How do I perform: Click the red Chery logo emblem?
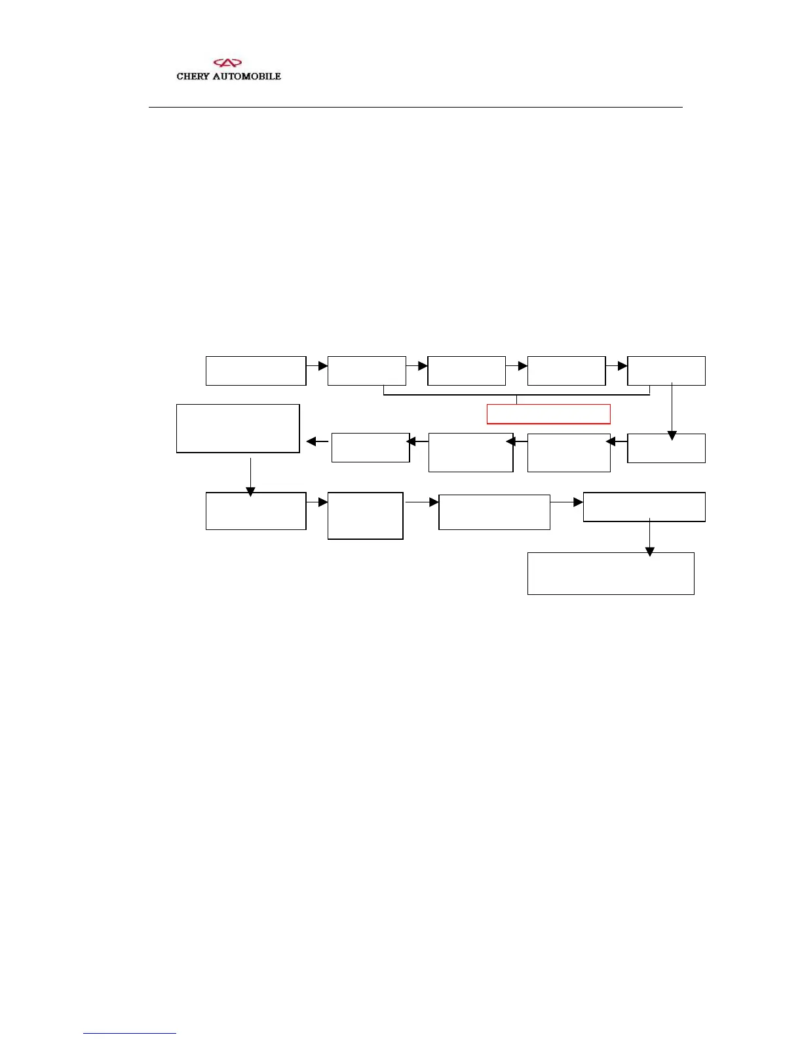pos(228,63)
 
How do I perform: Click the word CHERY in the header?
pos(193,76)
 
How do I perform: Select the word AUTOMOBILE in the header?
pos(246,76)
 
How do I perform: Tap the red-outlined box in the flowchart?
pos(548,414)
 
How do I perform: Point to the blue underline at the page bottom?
pos(130,1033)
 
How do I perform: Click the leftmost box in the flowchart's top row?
pos(256,371)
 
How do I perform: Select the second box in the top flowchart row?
pos(366,371)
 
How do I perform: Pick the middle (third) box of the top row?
pos(466,371)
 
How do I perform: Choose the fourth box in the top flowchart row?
pos(566,371)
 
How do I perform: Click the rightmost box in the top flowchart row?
pos(666,371)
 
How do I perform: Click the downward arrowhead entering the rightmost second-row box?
pos(672,436)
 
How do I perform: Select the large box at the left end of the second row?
pos(238,428)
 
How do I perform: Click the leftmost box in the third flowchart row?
pos(256,511)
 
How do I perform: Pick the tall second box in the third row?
pos(365,516)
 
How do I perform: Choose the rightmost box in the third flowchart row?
pos(644,507)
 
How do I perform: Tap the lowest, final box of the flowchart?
pos(611,573)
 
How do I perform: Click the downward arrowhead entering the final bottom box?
pos(649,552)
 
